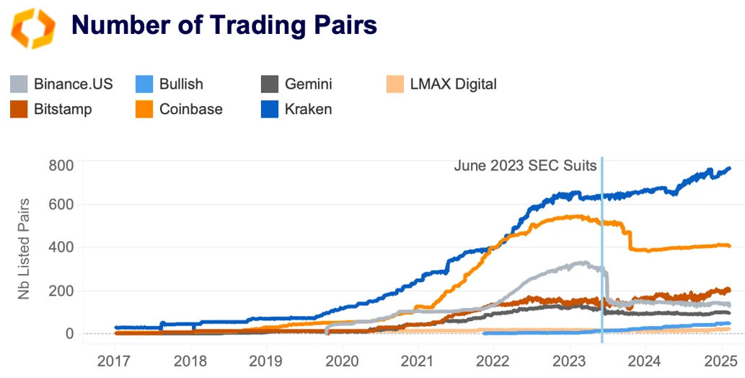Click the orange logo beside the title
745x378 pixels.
click(32, 27)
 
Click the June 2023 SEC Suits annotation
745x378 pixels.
click(525, 166)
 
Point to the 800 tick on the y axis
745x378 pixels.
click(61, 165)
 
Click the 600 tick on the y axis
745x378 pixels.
click(61, 205)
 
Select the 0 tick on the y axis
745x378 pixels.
click(69, 333)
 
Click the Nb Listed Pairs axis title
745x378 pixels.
click(25, 248)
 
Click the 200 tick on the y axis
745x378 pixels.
click(61, 291)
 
